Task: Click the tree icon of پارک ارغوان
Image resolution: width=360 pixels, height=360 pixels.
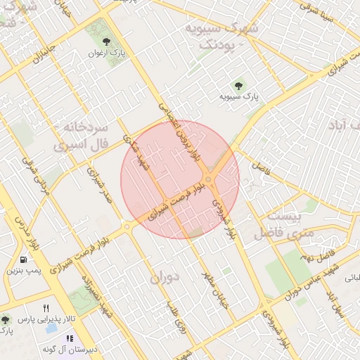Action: (x=106, y=41)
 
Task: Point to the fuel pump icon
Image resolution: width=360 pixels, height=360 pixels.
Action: (x=25, y=258)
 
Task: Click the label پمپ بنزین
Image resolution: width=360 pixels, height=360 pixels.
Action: (x=25, y=270)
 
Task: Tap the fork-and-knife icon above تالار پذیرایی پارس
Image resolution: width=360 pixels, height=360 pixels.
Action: (x=46, y=308)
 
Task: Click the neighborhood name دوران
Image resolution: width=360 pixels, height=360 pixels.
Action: (x=165, y=277)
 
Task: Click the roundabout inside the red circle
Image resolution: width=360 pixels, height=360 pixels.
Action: (x=209, y=179)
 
